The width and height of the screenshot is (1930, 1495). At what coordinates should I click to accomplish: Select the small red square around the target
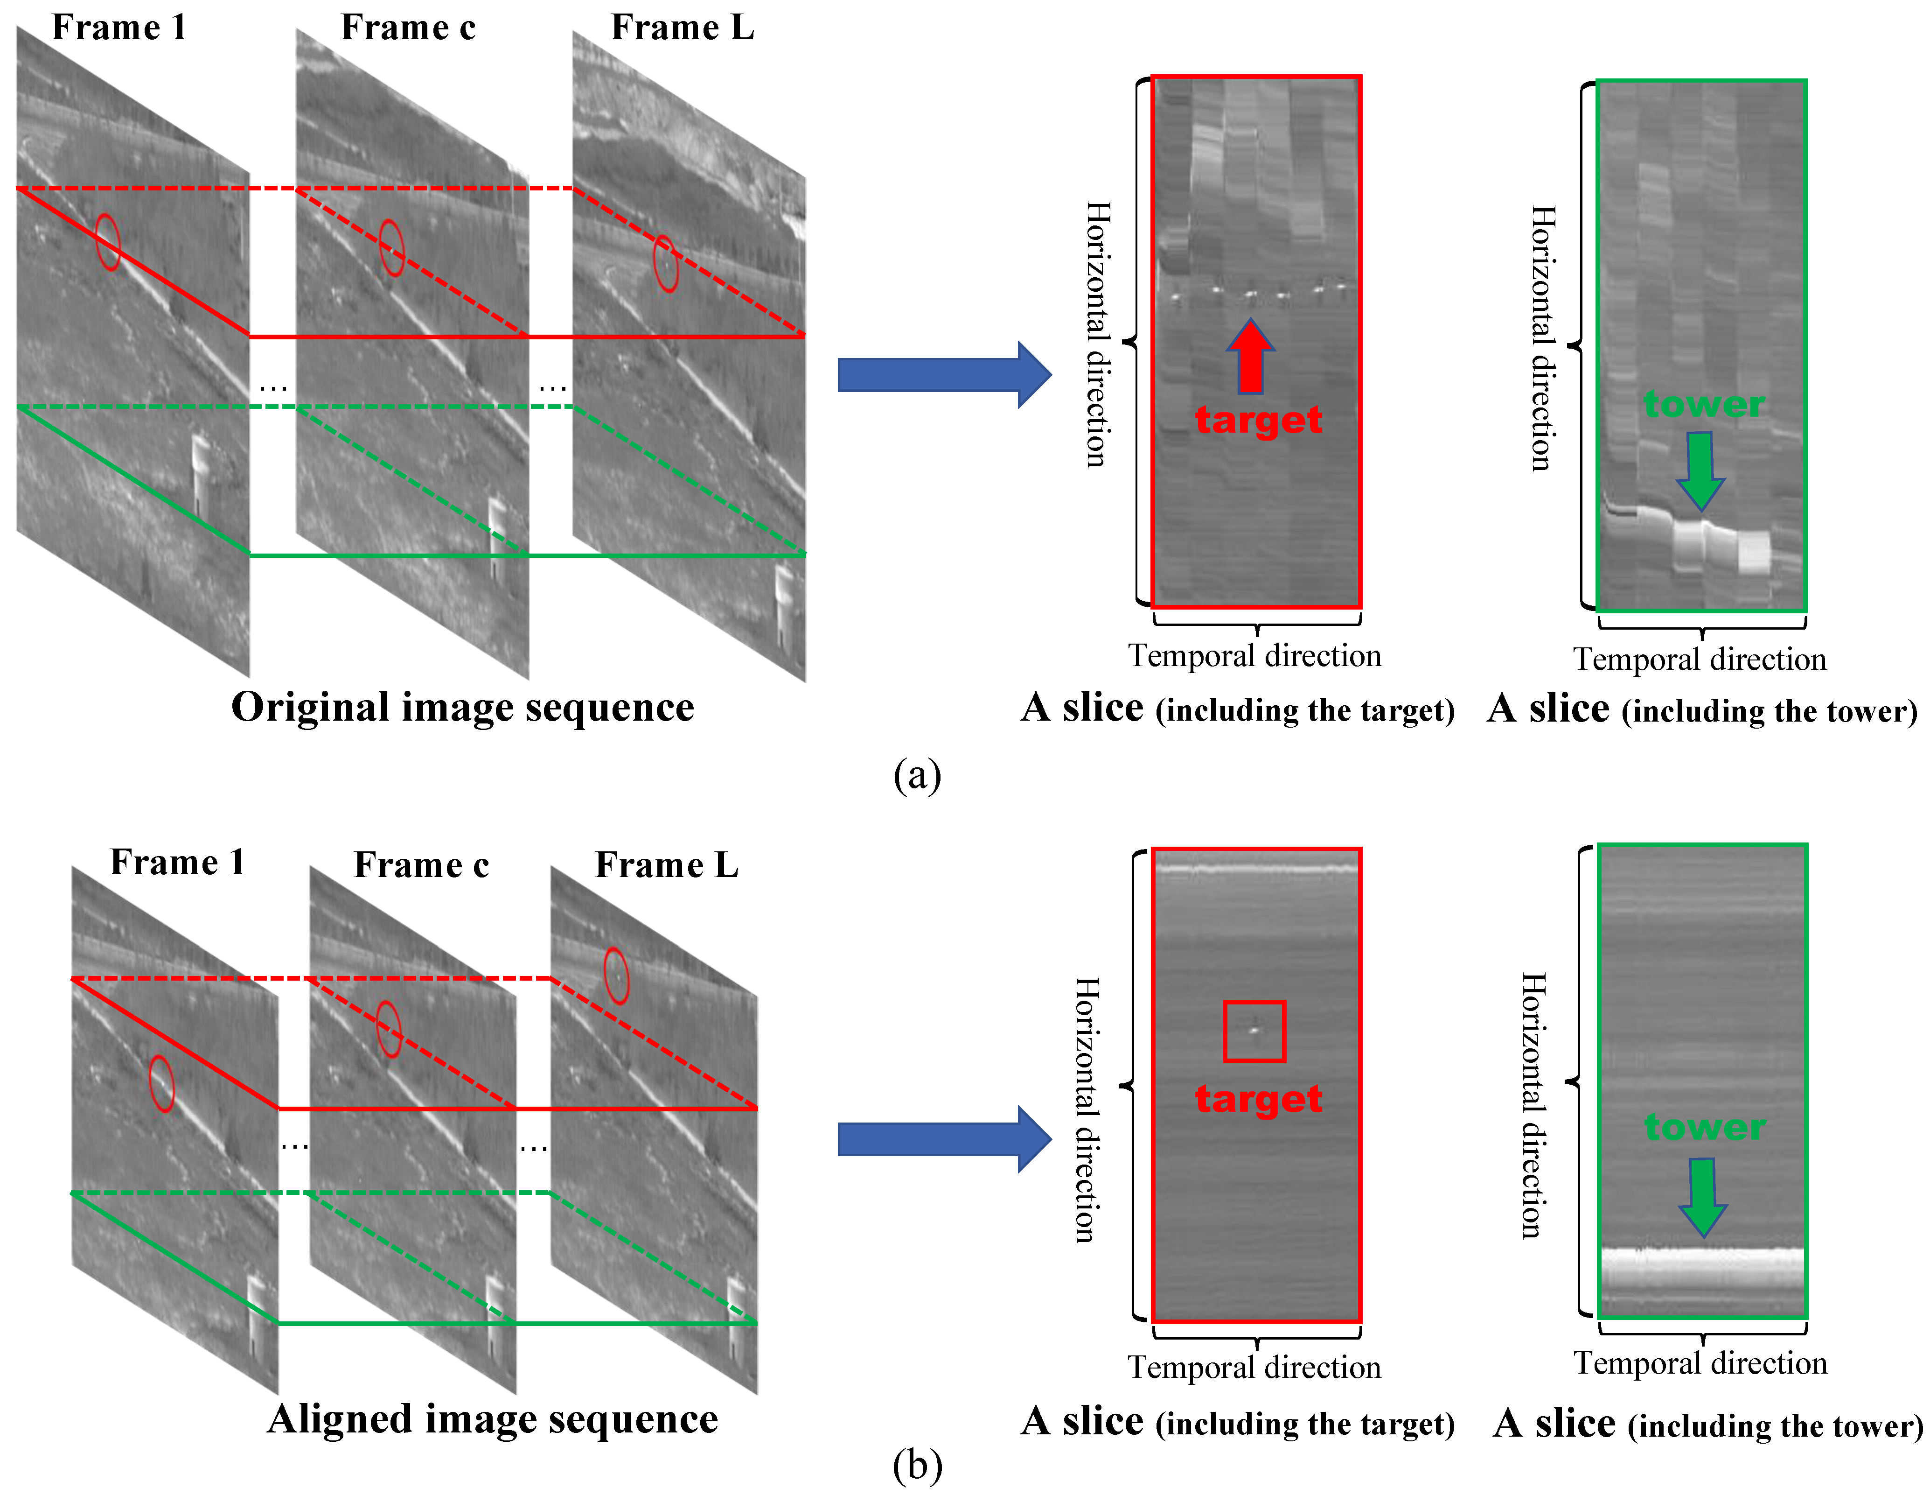[1254, 1031]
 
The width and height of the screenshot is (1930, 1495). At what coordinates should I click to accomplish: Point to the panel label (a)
[917, 775]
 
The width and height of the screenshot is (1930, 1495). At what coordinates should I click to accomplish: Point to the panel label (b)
[917, 1466]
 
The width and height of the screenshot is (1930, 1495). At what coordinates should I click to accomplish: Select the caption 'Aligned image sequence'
[492, 1419]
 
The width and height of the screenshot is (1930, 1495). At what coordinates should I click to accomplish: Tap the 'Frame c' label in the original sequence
[408, 28]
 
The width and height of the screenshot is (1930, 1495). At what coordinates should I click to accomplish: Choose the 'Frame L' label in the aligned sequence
[666, 864]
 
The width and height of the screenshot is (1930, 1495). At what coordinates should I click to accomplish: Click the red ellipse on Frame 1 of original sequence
[108, 241]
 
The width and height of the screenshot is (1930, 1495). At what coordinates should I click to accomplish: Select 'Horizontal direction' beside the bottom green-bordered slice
[1533, 1105]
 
